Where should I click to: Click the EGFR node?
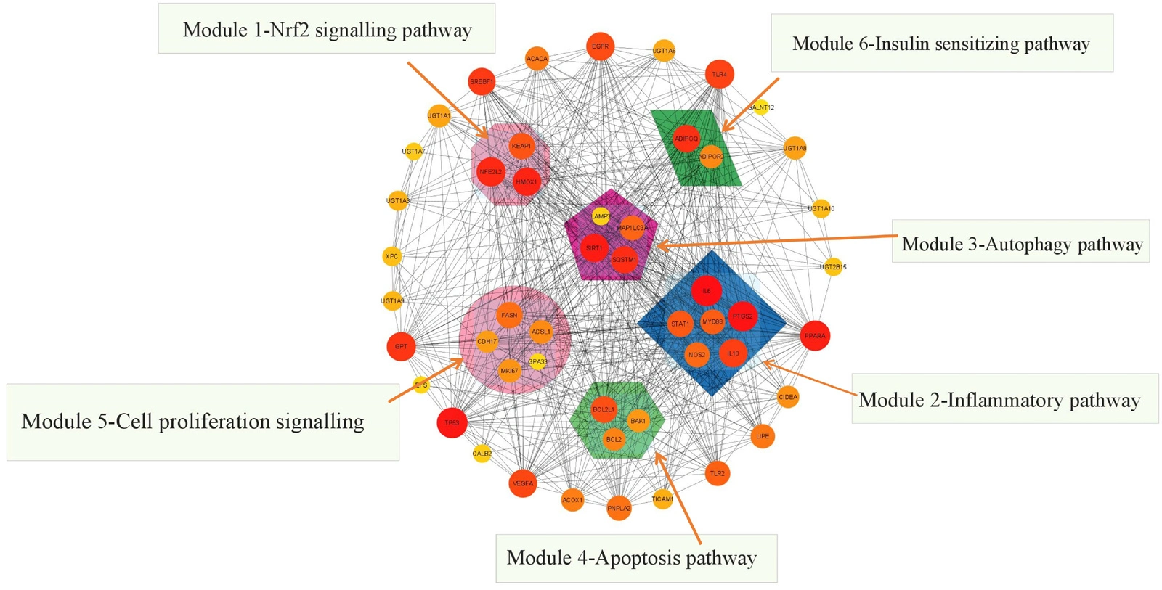pyautogui.click(x=600, y=46)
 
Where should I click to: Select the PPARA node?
pyautogui.click(x=814, y=336)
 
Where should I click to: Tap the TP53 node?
pyautogui.click(x=452, y=423)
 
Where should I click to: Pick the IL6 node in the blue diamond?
pyautogui.click(x=706, y=291)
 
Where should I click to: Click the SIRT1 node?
pyautogui.click(x=594, y=248)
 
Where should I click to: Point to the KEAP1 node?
pyautogui.click(x=521, y=146)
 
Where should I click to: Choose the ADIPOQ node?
pyautogui.click(x=686, y=139)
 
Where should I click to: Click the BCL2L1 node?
pyautogui.click(x=604, y=410)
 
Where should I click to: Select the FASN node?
pyautogui.click(x=509, y=315)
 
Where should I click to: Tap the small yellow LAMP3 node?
pyautogui.click(x=601, y=216)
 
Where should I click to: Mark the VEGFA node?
pyautogui.click(x=523, y=483)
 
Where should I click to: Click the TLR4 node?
pyautogui.click(x=719, y=74)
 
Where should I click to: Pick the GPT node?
pyautogui.click(x=401, y=347)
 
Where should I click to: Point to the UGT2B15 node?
pyautogui.click(x=833, y=266)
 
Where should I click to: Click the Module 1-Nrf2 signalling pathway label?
pyautogui.click(x=327, y=30)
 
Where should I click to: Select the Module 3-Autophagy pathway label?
pyautogui.click(x=1022, y=245)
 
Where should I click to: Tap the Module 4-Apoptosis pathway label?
pyautogui.click(x=631, y=558)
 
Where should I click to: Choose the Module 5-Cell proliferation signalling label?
pyautogui.click(x=192, y=422)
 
